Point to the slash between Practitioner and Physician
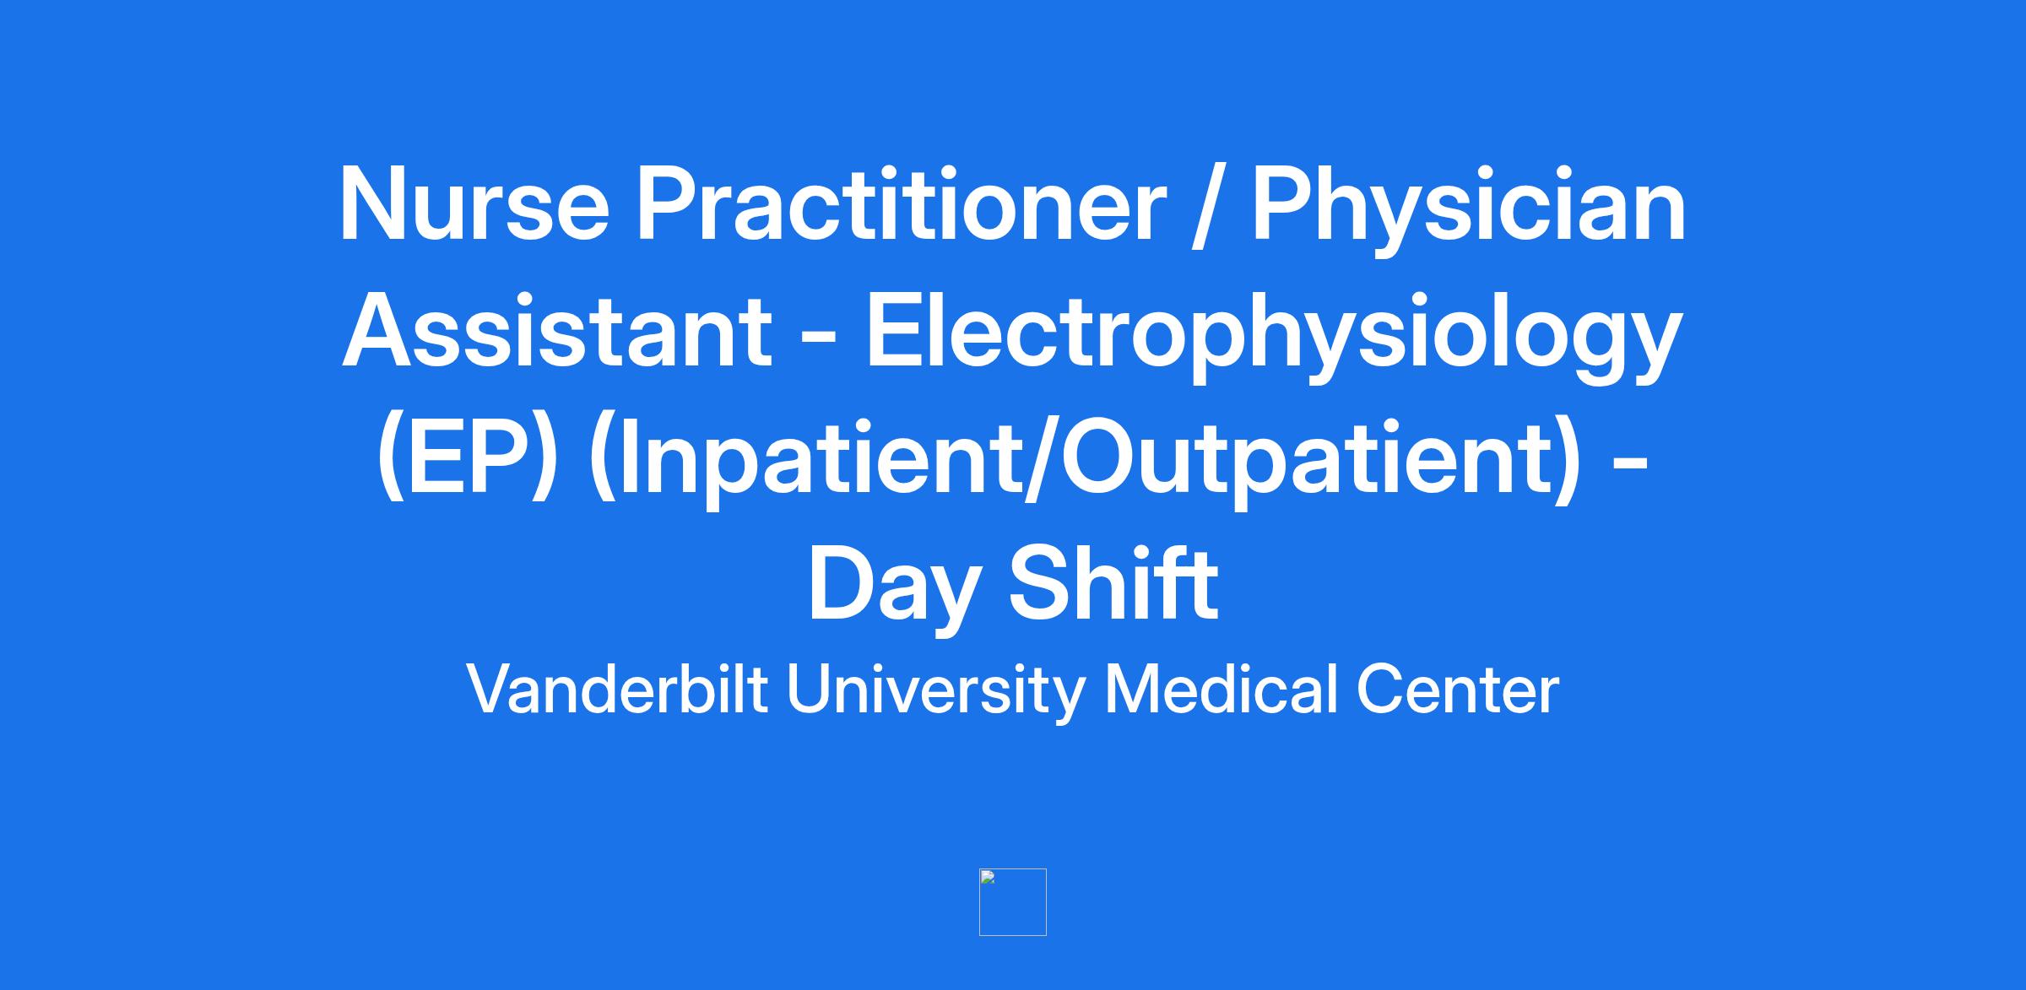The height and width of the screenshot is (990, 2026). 1210,208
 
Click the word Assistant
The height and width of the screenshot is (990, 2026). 557,331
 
